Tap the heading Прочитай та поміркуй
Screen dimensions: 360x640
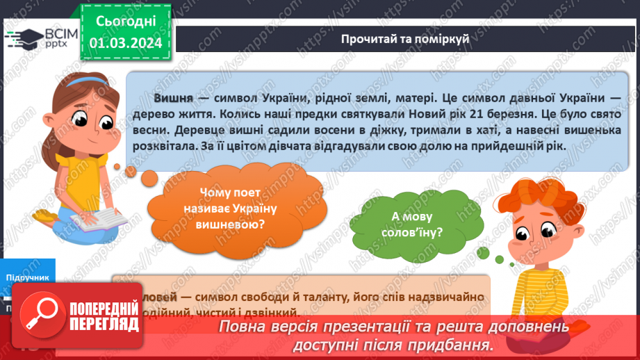point(405,38)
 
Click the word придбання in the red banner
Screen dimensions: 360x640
point(459,344)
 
